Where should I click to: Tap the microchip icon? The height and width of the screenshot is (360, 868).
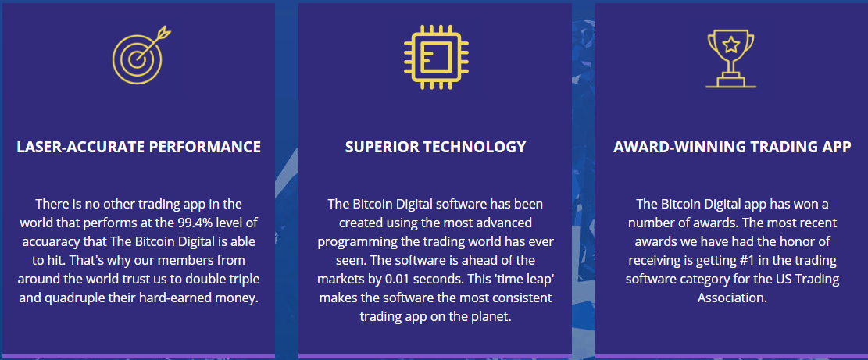point(436,57)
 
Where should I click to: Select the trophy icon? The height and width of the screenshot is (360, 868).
point(730,59)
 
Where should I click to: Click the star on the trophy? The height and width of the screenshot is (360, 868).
point(730,45)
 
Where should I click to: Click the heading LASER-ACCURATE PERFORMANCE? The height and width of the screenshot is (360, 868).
point(138,147)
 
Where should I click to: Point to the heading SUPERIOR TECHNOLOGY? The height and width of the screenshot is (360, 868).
point(435,147)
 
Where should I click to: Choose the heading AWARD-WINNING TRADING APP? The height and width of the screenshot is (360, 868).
point(732,147)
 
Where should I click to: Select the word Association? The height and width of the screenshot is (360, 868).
point(732,298)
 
